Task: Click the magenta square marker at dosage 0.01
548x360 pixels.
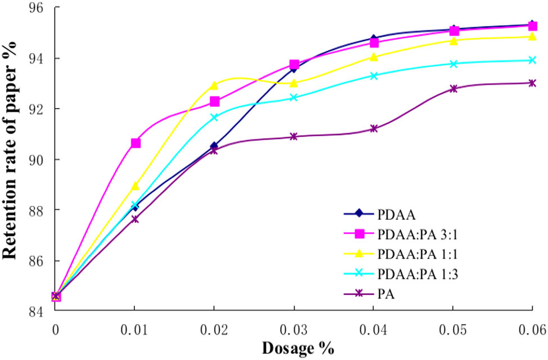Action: [x=135, y=143]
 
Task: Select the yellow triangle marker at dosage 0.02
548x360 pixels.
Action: [x=214, y=85]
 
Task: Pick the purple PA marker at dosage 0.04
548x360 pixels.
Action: [x=373, y=129]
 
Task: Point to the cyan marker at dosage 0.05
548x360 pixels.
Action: [x=453, y=64]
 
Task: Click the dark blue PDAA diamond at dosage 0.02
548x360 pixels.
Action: [x=214, y=146]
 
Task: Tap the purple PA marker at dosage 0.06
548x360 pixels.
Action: [x=532, y=83]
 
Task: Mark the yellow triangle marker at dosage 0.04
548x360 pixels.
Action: [x=373, y=57]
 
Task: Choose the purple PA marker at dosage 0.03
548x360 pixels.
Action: [x=294, y=137]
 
